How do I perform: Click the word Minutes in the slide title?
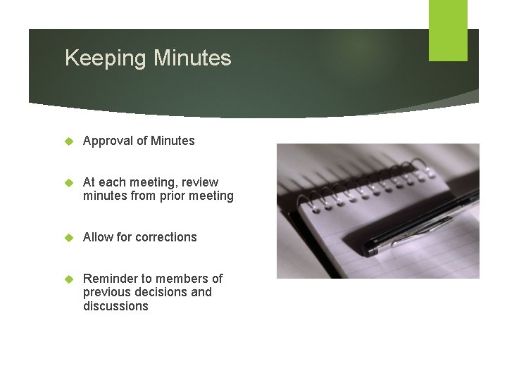pos(192,58)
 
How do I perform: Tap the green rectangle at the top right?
pos(448,30)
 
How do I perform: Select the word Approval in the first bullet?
pos(107,141)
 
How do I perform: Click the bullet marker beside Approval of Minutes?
pos(69,141)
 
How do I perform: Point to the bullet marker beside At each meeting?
pos(69,182)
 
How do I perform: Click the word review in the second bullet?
pos(201,182)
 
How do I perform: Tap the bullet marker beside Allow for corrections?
pos(69,237)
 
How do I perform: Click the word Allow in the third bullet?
pos(98,237)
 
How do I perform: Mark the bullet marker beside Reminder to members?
pos(69,279)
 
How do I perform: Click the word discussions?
pos(115,306)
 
